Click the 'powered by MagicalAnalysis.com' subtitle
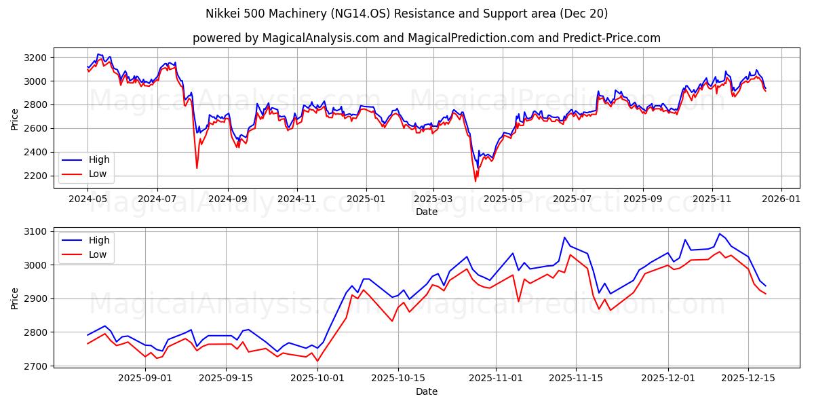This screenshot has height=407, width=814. click(286, 38)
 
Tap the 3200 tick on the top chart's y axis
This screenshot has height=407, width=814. click(35, 58)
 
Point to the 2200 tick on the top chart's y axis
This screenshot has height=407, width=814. click(35, 176)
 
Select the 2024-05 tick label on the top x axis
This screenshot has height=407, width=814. click(88, 200)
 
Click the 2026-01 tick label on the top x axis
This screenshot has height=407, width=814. click(781, 200)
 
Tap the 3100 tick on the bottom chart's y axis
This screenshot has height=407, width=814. click(35, 231)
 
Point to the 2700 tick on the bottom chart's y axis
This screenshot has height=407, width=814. click(35, 366)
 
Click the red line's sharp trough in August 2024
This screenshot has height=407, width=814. click(197, 168)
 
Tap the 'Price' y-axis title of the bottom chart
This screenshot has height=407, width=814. click(15, 298)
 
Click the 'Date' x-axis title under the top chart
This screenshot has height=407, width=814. click(427, 212)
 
